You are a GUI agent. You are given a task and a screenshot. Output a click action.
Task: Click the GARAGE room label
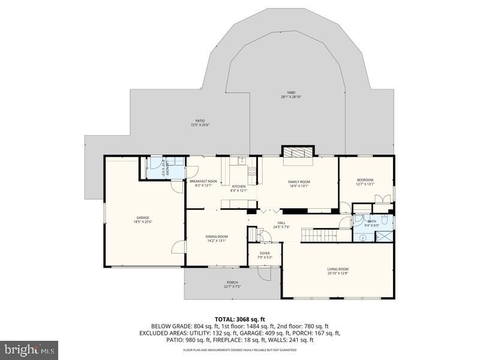click(x=142, y=217)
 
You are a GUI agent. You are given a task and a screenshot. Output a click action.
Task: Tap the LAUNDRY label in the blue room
click(x=168, y=168)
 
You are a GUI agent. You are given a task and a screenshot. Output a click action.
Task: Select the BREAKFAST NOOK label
click(x=203, y=181)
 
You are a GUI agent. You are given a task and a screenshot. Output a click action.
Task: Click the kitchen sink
click(x=241, y=160)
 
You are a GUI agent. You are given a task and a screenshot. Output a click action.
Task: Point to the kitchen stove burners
click(x=253, y=172)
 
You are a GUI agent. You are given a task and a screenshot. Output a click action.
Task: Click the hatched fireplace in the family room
click(x=298, y=151)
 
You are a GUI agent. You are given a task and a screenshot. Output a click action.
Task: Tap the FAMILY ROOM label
click(x=298, y=182)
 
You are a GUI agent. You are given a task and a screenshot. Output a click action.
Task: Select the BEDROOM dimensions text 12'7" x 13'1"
click(x=365, y=184)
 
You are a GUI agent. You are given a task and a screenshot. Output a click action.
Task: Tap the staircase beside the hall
click(x=319, y=235)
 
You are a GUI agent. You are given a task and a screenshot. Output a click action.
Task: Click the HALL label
click(x=281, y=223)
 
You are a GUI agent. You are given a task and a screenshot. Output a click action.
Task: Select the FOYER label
click(x=265, y=253)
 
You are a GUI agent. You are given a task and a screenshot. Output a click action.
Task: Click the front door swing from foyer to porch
click(x=263, y=274)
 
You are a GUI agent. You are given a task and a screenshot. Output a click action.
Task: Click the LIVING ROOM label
click(x=338, y=269)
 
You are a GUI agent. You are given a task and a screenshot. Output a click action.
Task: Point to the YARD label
click(x=291, y=92)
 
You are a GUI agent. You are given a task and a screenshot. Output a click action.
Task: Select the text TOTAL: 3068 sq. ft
click(x=240, y=319)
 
